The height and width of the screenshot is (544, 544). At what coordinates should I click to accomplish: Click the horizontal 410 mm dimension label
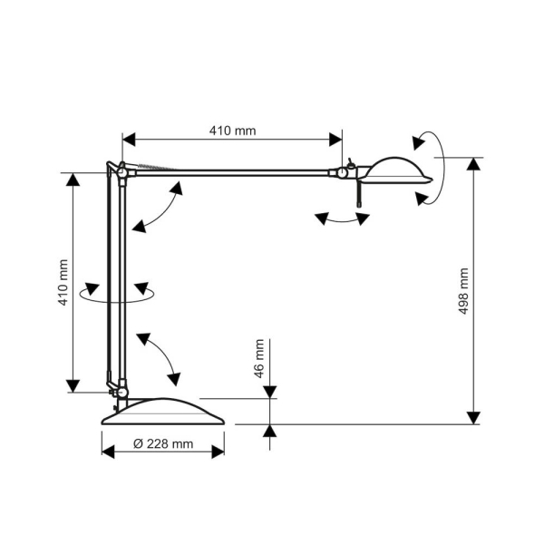[x=232, y=131]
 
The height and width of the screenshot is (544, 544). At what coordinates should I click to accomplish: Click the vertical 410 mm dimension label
[x=63, y=282]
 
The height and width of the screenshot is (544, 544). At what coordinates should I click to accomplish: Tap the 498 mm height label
[x=464, y=291]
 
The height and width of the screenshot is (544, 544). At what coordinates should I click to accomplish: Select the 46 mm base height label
[x=259, y=358]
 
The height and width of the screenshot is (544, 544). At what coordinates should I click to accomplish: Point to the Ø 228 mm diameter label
[x=163, y=443]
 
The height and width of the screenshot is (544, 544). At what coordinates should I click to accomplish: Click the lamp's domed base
[x=163, y=412]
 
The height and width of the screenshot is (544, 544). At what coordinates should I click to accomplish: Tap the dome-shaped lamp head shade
[x=398, y=170]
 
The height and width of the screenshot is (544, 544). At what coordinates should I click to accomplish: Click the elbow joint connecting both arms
[x=121, y=172]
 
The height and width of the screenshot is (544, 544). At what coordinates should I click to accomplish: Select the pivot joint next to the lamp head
[x=342, y=172]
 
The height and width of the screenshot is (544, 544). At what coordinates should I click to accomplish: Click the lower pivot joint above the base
[x=121, y=392]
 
